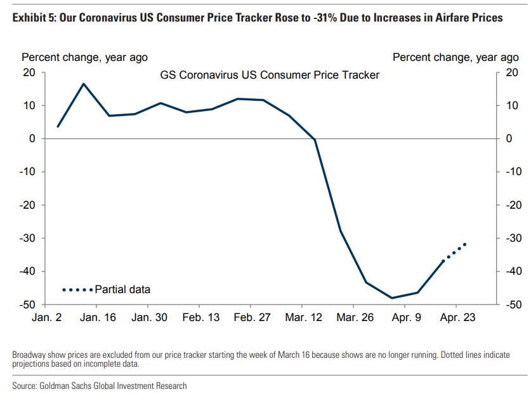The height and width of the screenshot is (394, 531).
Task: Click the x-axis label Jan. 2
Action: click(47, 317)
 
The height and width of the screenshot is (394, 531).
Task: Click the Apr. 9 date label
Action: click(406, 317)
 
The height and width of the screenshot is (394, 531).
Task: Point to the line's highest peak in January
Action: click(84, 84)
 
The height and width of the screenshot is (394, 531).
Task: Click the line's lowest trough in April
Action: click(392, 298)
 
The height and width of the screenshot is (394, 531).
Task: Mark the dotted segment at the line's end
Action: click(454, 253)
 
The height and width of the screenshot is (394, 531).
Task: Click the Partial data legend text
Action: click(122, 289)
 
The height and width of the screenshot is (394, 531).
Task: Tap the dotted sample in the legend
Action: click(77, 289)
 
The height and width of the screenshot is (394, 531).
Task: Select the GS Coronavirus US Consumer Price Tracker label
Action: click(270, 75)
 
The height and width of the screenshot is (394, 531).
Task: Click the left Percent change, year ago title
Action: click(84, 57)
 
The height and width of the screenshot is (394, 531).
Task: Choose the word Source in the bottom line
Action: click(27, 385)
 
